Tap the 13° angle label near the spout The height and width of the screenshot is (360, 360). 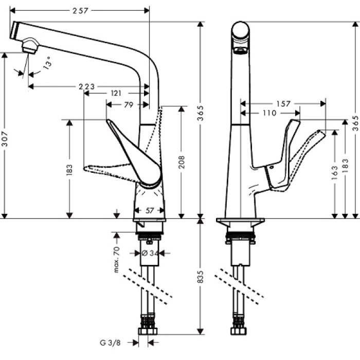(47, 63)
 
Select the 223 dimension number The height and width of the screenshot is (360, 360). (86, 86)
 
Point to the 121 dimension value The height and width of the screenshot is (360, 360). (116, 94)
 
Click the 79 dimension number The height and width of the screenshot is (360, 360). (129, 104)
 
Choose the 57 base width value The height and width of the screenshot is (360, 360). (149, 210)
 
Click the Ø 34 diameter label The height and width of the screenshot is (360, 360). (149, 253)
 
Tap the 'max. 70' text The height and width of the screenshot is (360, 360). (117, 260)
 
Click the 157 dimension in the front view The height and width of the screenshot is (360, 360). (283, 103)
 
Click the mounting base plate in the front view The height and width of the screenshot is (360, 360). (240, 222)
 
